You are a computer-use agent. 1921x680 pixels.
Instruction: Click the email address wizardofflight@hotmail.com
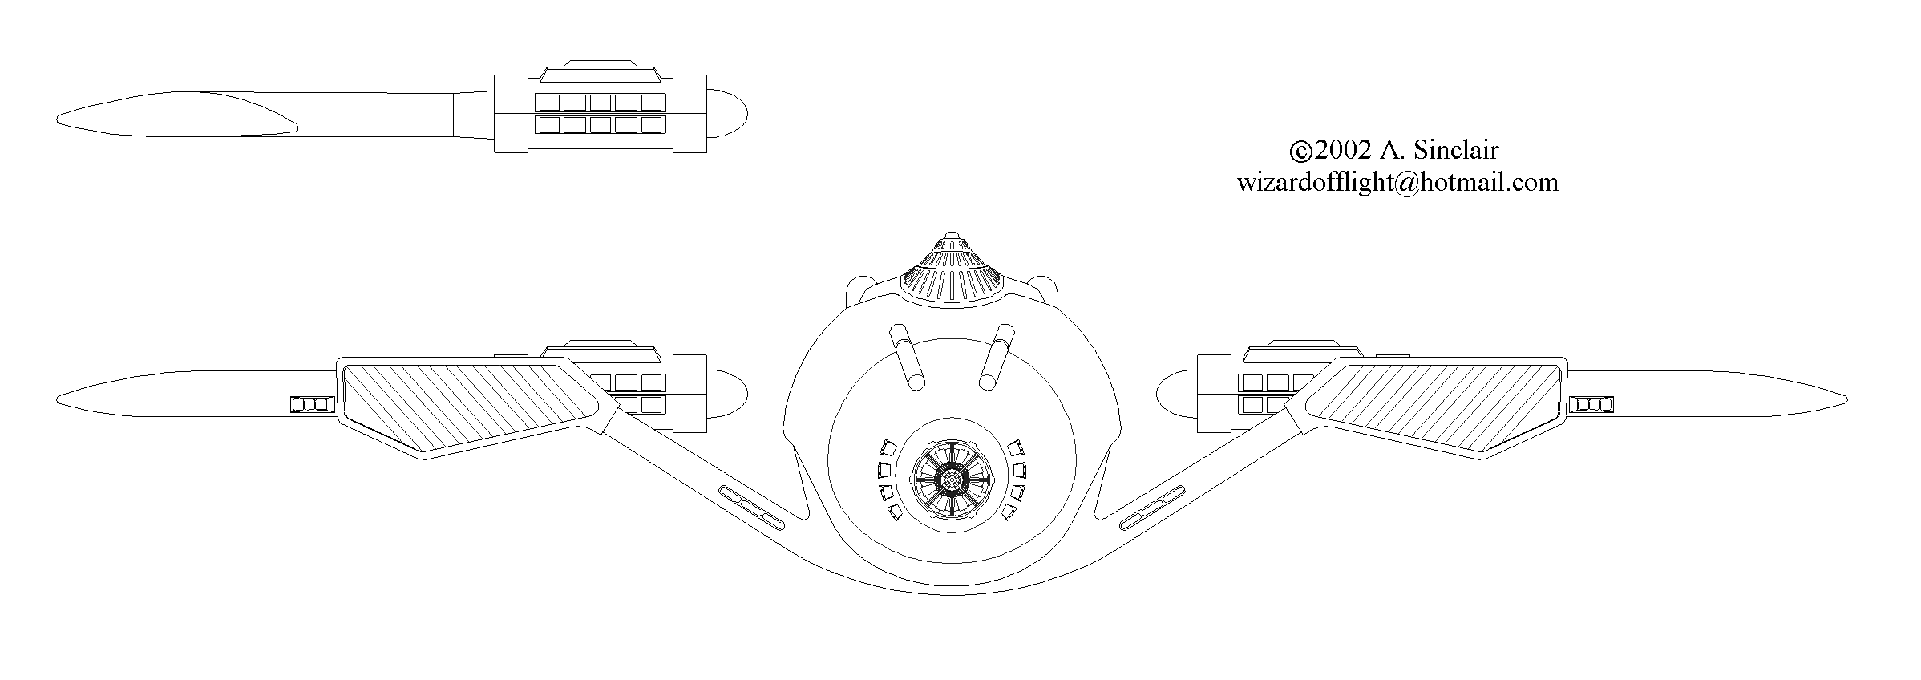coord(1397,183)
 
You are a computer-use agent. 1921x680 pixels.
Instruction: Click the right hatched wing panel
coord(1428,405)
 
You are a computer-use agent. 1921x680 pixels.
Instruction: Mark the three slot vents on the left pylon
coord(752,507)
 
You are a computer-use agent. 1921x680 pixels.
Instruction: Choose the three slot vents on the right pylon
coord(1151,507)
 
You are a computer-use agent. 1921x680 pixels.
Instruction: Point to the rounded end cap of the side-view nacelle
coord(728,114)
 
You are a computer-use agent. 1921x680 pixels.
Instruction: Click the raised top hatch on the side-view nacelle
coord(601,71)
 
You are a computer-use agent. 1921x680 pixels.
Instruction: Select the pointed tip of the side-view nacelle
coord(58,122)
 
